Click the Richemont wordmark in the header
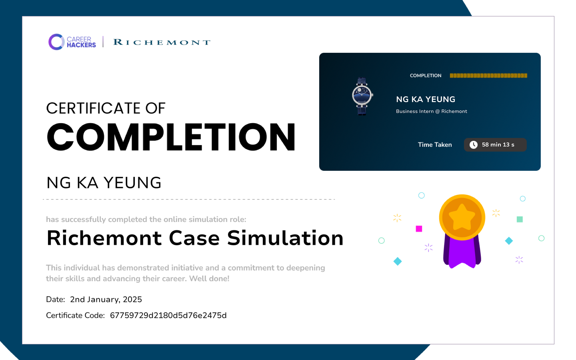(x=162, y=42)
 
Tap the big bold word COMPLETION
(x=171, y=137)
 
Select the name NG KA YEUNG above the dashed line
(x=104, y=183)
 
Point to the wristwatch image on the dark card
(x=362, y=96)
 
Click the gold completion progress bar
(x=488, y=76)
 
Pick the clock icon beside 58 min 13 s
(x=474, y=145)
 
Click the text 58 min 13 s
(x=498, y=145)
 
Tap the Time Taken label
(x=434, y=145)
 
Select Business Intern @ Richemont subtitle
(x=431, y=111)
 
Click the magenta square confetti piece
(x=419, y=229)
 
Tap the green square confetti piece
(x=520, y=219)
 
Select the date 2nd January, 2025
(x=106, y=299)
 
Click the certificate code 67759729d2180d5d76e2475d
(x=168, y=315)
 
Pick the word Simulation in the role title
(x=285, y=238)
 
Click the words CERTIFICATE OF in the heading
(x=106, y=108)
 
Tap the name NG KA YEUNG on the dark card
(x=426, y=99)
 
